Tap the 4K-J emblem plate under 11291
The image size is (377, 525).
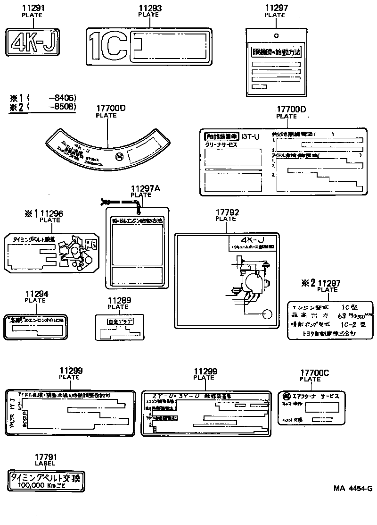coord(32,42)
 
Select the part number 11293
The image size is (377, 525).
coord(148,8)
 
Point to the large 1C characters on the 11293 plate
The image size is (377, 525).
coord(107,47)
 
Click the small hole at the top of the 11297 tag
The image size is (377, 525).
coord(276,35)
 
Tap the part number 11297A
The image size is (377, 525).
coord(146,189)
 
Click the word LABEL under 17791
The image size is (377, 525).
coord(45,463)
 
